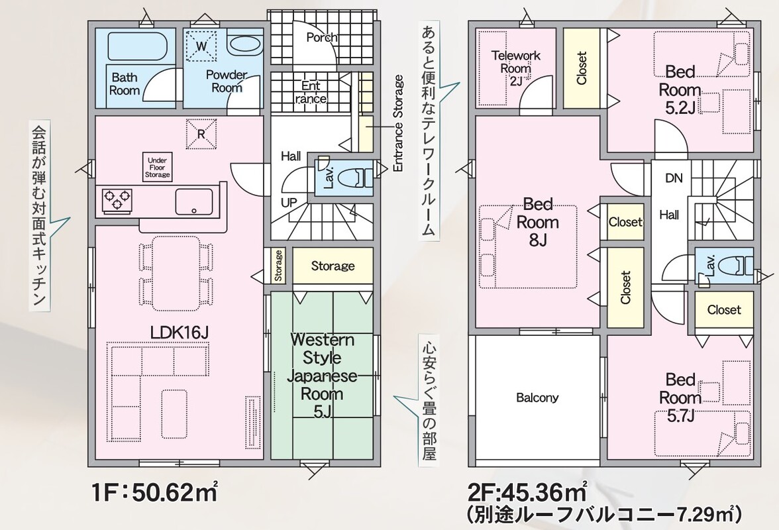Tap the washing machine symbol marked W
point(201,46)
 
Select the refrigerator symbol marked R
point(201,133)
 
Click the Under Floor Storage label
point(158,168)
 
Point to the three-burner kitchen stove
point(118,201)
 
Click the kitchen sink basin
point(193,201)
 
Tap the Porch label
point(322,37)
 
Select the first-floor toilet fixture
point(356,177)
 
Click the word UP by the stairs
point(289,202)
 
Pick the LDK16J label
point(180,333)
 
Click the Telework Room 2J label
point(515,68)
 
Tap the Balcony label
point(537,397)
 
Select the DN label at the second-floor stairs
point(674,178)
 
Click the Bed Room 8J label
point(538,222)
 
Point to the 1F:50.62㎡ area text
point(154,494)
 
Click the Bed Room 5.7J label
point(680,398)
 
